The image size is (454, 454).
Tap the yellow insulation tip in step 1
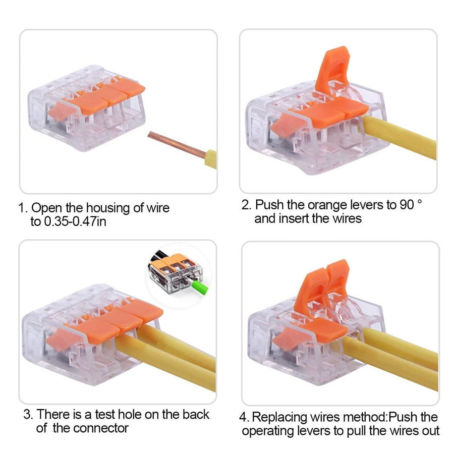[x=211, y=158]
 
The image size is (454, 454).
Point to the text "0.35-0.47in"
[x=75, y=221]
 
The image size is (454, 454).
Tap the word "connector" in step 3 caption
[x=101, y=428]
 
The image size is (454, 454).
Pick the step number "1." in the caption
[x=23, y=208]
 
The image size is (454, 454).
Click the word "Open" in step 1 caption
[x=46, y=208]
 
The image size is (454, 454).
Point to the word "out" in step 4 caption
[x=429, y=431]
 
